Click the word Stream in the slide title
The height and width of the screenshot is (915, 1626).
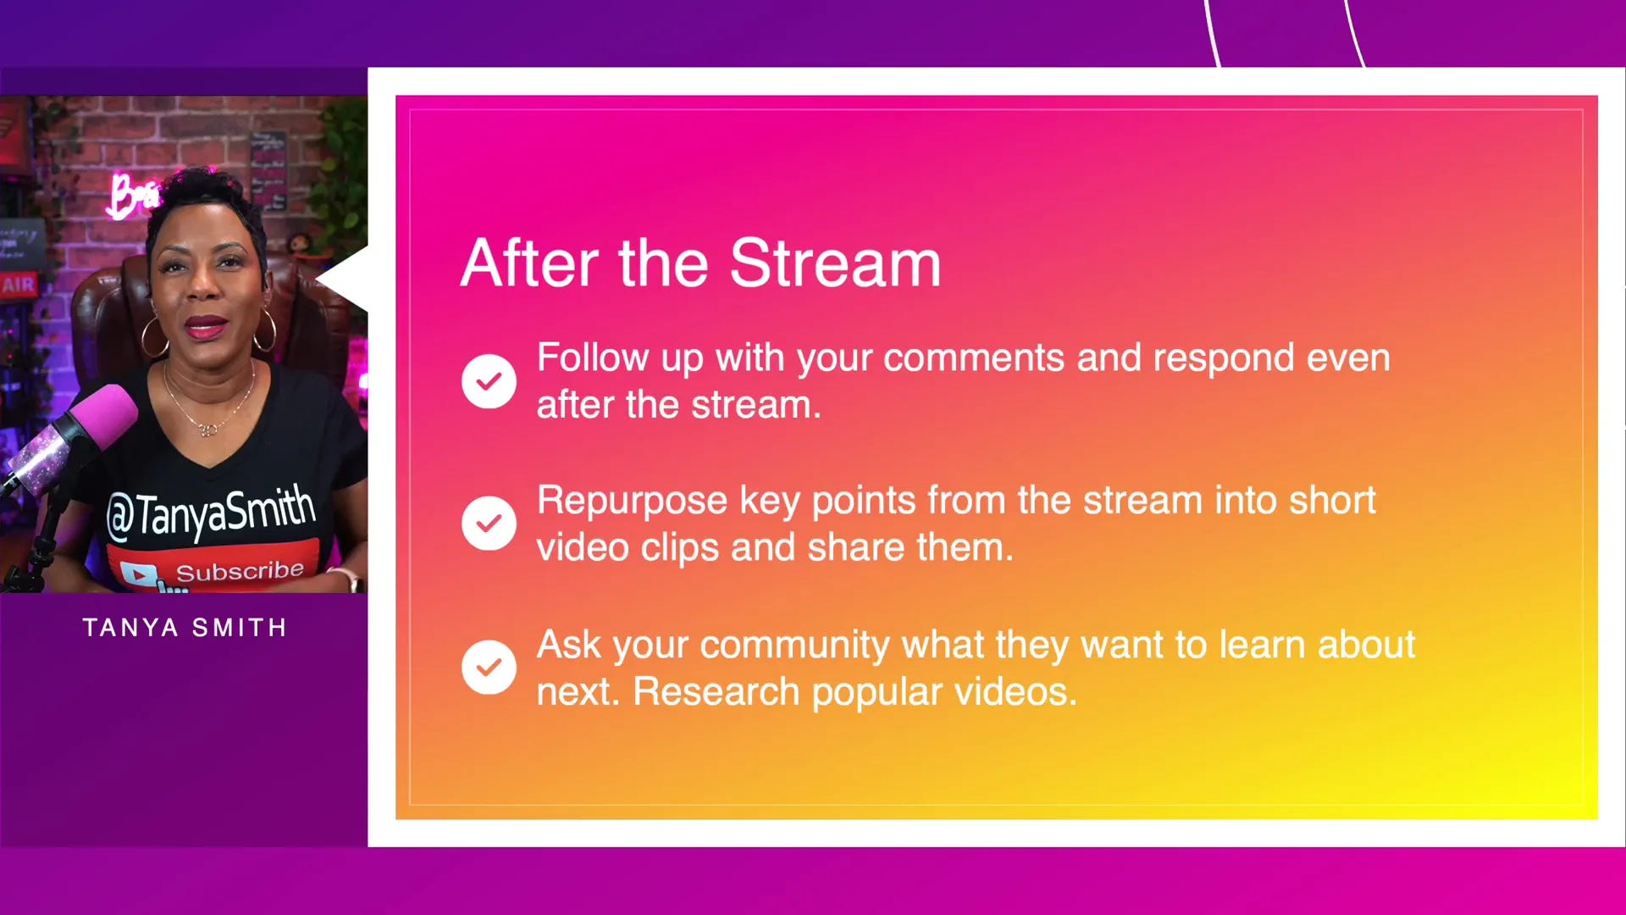pyautogui.click(x=835, y=263)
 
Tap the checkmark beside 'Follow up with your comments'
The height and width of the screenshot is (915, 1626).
pyautogui.click(x=489, y=381)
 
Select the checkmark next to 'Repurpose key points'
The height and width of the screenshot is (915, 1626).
pyautogui.click(x=489, y=524)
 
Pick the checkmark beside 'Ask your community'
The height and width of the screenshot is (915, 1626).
pyautogui.click(x=489, y=668)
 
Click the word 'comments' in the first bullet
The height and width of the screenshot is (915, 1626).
pyautogui.click(x=974, y=358)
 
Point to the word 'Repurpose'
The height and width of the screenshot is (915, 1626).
pyautogui.click(x=632, y=502)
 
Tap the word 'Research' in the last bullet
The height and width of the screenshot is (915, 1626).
pyautogui.click(x=716, y=691)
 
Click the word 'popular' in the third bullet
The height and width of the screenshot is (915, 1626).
pyautogui.click(x=877, y=693)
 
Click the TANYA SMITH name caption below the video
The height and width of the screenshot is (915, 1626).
pyautogui.click(x=185, y=628)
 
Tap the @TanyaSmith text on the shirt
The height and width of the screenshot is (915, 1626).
pyautogui.click(x=211, y=513)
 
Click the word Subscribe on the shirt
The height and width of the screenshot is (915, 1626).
pyautogui.click(x=240, y=571)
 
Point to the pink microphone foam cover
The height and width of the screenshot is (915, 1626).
pyautogui.click(x=102, y=417)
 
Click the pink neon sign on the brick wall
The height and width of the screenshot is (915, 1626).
pyautogui.click(x=133, y=196)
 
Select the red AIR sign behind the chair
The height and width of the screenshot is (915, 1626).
pyautogui.click(x=19, y=285)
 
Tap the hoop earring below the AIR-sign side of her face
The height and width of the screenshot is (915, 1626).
pyautogui.click(x=155, y=336)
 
